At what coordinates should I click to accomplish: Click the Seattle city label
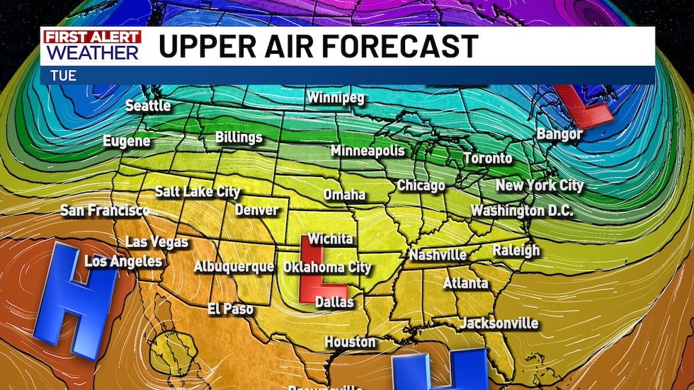148,105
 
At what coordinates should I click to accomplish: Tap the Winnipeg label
335,98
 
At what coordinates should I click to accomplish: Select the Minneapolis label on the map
368,151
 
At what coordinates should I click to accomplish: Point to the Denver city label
256,210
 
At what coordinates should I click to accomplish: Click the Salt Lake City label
198,192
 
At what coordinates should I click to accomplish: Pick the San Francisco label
105,210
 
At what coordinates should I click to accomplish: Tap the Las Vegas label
157,242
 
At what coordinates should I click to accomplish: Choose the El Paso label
230,309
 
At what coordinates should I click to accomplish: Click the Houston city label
350,342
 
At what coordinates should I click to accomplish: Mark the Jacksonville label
499,323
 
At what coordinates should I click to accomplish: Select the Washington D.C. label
522,211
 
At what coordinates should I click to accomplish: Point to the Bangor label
559,134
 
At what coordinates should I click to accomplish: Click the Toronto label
487,159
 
